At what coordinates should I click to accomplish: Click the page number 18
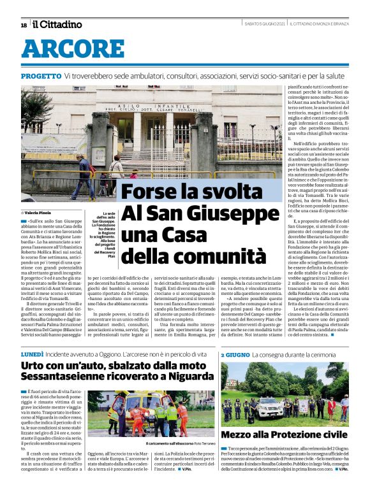pyautogui.click(x=24, y=25)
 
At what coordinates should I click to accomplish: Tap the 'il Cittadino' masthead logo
pyautogui.click(x=57, y=24)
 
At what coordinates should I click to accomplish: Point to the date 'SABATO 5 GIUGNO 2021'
pyautogui.click(x=264, y=24)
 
